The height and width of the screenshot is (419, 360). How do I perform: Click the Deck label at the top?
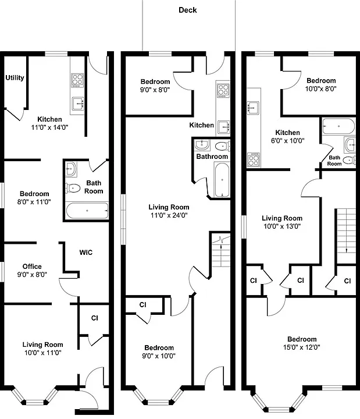coord(187,10)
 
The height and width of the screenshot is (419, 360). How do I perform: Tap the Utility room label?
coord(15,78)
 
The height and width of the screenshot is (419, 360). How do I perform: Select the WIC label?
coord(85,253)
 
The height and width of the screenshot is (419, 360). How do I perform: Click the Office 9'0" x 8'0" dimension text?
coord(32,275)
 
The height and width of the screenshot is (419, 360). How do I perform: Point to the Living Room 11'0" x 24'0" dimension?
coord(169,215)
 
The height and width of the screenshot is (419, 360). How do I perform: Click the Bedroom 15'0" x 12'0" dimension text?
coord(301,347)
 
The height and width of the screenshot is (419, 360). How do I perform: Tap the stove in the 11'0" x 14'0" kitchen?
coord(77,80)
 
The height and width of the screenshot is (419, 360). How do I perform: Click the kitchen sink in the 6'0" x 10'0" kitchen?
coord(252,108)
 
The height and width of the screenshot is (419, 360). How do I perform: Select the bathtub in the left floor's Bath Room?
coord(87,211)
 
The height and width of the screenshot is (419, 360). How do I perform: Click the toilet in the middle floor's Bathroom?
coord(222,146)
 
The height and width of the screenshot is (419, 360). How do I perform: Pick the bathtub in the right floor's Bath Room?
coord(338,126)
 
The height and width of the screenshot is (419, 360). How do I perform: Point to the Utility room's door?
coord(14,115)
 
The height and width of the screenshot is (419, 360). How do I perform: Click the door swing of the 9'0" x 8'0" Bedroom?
coord(183,81)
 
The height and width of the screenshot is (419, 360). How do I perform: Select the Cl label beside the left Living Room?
coord(95,318)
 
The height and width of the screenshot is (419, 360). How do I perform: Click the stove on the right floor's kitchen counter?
coord(254,159)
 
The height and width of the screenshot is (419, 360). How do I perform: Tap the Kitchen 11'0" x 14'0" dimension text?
coord(49,127)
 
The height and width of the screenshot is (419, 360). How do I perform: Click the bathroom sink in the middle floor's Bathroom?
coord(202,144)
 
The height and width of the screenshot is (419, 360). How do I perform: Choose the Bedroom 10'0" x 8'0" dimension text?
coord(320,88)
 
